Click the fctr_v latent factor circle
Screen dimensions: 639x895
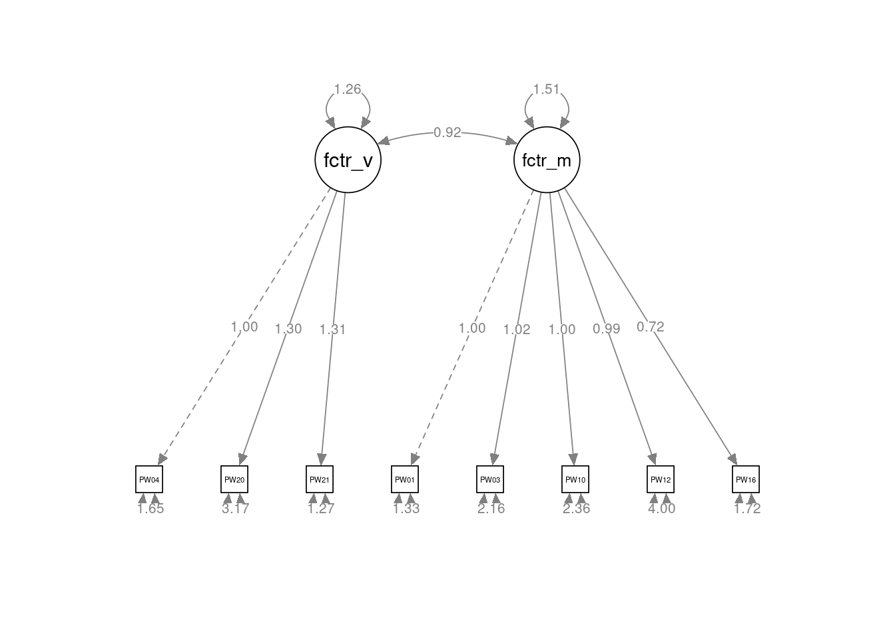tap(348, 160)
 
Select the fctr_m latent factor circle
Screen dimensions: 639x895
tap(547, 160)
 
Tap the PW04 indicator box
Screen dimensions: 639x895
tap(149, 479)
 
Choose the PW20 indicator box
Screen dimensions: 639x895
tap(234, 479)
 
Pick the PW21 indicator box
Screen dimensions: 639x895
tap(320, 479)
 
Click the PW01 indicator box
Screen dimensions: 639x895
tap(405, 479)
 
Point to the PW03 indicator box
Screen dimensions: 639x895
tap(490, 479)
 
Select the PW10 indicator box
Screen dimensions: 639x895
tap(575, 479)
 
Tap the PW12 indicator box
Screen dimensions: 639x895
tap(661, 479)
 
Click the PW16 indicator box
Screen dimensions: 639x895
tap(746, 479)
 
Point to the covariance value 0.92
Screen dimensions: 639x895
tap(447, 132)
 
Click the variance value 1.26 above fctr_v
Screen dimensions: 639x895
tap(348, 89)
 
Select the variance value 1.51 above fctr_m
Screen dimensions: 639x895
tap(547, 89)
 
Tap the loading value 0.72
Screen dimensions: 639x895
tap(650, 327)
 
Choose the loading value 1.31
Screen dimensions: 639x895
tap(333, 329)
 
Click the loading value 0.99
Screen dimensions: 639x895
tap(606, 329)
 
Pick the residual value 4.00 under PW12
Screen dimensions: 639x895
tap(661, 509)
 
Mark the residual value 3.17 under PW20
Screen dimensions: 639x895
tap(235, 509)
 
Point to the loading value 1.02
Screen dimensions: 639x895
tap(517, 329)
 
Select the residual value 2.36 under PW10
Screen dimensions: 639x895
tap(576, 509)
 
